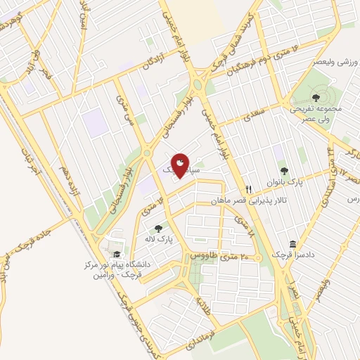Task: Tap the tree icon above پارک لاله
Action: (159, 228)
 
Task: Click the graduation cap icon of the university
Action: (116, 255)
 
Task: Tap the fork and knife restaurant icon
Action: (248, 189)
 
